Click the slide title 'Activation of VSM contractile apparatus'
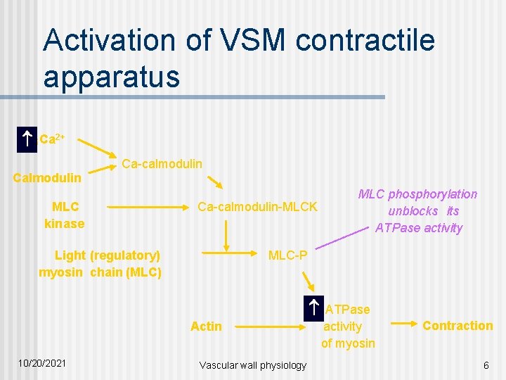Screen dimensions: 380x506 click(x=239, y=58)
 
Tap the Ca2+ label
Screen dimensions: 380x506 click(x=52, y=139)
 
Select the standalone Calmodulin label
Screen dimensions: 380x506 click(x=47, y=178)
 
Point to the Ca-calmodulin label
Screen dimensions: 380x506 click(x=162, y=163)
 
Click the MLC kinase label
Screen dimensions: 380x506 click(x=64, y=215)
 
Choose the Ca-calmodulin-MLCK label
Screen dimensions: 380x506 click(x=257, y=207)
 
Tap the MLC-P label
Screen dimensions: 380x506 click(x=287, y=255)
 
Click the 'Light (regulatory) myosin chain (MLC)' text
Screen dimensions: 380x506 click(x=100, y=264)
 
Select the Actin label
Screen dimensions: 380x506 click(x=206, y=326)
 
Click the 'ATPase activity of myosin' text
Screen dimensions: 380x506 click(x=347, y=326)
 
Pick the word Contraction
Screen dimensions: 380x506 click(x=458, y=325)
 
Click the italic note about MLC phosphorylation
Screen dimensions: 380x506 click(x=418, y=210)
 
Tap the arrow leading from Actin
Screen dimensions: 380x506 click(x=267, y=326)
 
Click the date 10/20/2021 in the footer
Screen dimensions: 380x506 click(x=43, y=363)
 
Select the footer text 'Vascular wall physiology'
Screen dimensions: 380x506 click(x=253, y=365)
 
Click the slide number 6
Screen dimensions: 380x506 click(x=486, y=365)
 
